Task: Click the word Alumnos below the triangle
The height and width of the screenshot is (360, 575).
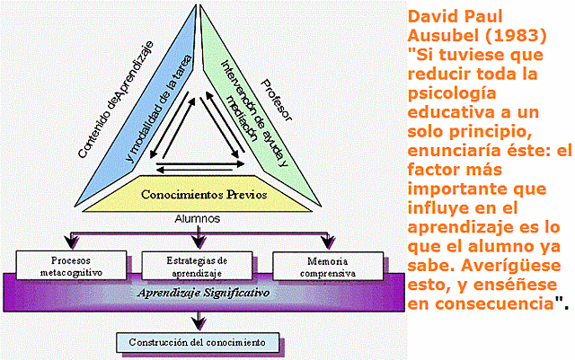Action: pos(199,218)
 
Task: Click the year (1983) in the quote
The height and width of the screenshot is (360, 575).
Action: pos(516,35)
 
